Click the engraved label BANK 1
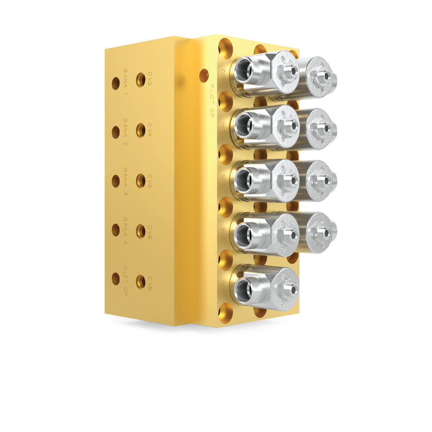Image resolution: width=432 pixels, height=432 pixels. tap(125, 82)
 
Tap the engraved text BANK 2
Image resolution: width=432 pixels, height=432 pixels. tap(125, 132)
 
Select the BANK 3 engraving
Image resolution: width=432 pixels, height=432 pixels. tap(125, 181)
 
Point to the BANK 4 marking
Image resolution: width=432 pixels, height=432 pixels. tap(125, 231)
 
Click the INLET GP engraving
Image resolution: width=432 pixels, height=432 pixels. tap(125, 280)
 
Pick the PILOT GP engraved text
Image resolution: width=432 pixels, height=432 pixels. tap(211, 101)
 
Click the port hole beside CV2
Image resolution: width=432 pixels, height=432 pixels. tap(141, 80)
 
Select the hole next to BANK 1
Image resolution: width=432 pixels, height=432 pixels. tap(116, 83)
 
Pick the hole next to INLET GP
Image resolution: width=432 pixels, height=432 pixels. tap(116, 278)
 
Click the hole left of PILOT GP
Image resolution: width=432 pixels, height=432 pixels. tap(204, 75)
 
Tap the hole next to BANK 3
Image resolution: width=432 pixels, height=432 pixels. tap(116, 181)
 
